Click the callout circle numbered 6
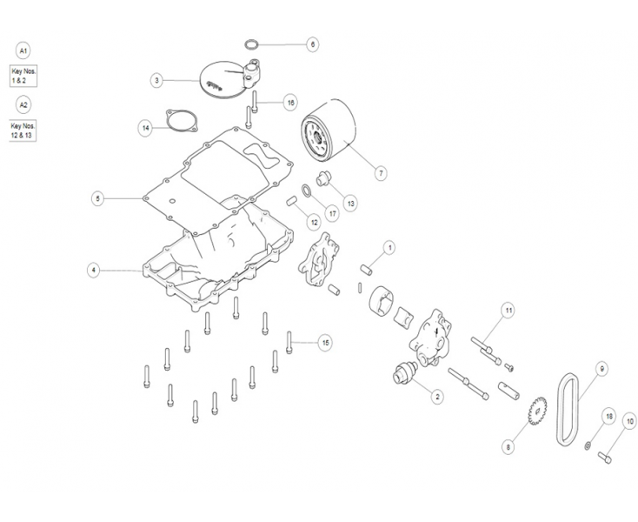click(x=313, y=44)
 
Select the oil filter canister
click(x=329, y=130)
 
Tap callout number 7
click(x=381, y=173)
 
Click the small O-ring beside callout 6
click(x=252, y=44)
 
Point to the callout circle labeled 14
click(x=145, y=129)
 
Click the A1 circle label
click(x=23, y=51)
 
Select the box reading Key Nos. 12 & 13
click(x=23, y=130)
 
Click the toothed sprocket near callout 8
click(x=537, y=411)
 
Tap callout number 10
click(x=630, y=421)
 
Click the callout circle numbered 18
click(x=608, y=417)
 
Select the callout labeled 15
click(x=325, y=343)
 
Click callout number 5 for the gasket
click(x=97, y=198)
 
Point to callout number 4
click(x=94, y=271)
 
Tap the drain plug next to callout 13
click(x=324, y=178)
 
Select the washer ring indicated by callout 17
click(x=307, y=190)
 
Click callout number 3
click(x=156, y=80)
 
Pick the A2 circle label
click(x=23, y=105)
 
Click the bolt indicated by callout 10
click(x=605, y=458)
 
